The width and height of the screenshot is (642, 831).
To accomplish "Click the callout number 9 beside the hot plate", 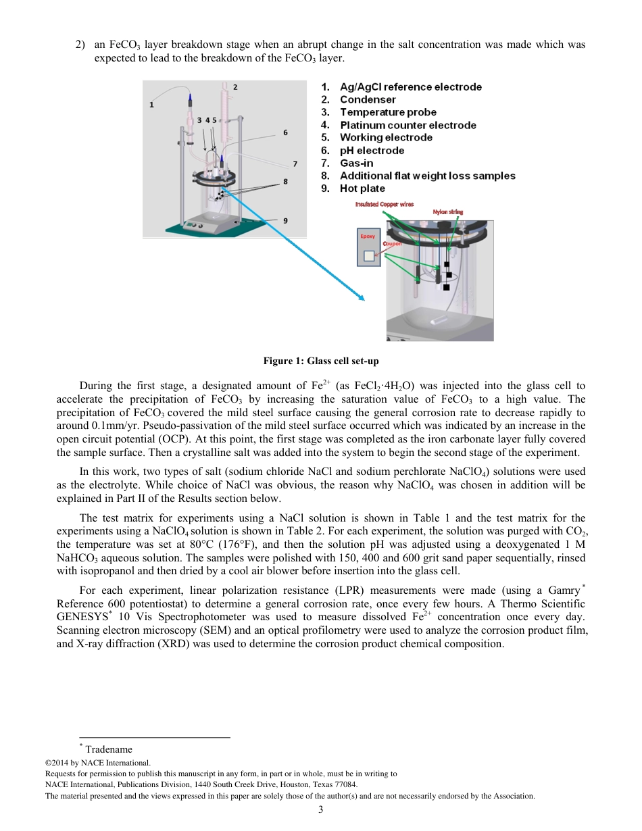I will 285,220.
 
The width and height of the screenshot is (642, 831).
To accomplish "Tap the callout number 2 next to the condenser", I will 235,87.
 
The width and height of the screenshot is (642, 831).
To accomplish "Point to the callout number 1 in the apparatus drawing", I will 152,105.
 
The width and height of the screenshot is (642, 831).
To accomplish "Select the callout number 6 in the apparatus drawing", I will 285,132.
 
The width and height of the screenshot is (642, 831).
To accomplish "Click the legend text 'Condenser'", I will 368,100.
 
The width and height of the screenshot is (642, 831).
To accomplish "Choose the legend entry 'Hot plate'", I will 362,188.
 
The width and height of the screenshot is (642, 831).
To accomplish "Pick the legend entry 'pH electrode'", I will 372,151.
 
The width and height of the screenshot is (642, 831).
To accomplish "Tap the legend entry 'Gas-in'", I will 356,163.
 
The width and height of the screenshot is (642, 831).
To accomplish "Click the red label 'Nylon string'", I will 447,212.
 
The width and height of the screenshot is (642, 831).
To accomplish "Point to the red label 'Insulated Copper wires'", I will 385,204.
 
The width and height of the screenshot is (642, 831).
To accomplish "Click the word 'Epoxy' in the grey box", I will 368,236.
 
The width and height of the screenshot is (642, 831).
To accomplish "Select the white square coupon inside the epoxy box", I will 368,256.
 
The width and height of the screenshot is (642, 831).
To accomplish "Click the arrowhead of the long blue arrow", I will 362,298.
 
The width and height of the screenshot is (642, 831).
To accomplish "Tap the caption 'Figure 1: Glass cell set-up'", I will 321,361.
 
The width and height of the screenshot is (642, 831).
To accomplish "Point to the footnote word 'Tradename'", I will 109,749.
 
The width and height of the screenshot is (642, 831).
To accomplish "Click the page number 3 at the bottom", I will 321,809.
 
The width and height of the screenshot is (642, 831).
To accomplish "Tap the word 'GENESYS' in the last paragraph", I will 81,617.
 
